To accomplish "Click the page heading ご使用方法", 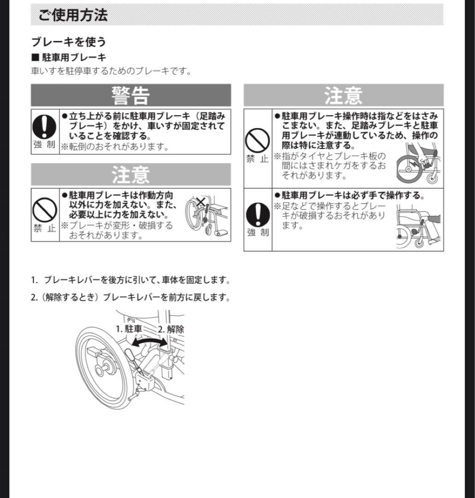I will tap(73, 15).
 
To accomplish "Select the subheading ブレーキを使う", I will tap(69, 41).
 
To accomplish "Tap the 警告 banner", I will tap(131, 95).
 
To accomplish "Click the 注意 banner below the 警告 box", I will tap(131, 175).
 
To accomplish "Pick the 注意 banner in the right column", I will tap(343, 95).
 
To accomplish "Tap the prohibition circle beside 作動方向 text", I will tap(45, 210).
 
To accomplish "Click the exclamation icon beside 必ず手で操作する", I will tap(257, 215).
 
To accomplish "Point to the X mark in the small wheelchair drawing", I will tap(200, 201).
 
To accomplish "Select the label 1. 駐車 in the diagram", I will tap(129, 329).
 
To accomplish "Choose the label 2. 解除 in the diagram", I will tap(171, 329).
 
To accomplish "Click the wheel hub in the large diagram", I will tap(100, 369).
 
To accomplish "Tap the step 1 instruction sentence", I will tap(130, 280).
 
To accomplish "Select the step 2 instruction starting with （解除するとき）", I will tap(130, 297).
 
